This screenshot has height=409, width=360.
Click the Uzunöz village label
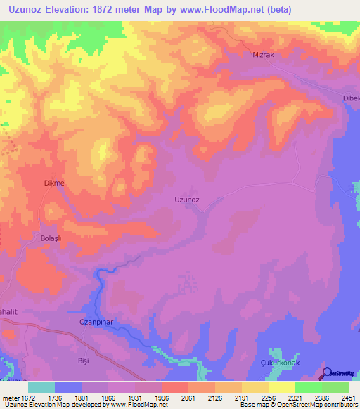[x=187, y=199]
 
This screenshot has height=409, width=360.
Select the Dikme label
[x=54, y=183]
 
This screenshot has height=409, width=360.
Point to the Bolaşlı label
[x=49, y=238]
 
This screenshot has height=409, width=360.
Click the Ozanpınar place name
[x=87, y=323]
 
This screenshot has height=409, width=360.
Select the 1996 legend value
[x=160, y=398]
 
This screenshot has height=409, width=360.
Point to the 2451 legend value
[x=347, y=398]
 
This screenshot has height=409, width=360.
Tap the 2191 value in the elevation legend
[x=240, y=398]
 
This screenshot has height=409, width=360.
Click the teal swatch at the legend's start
[x=41, y=387]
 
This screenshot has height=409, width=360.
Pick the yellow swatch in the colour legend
[x=281, y=387]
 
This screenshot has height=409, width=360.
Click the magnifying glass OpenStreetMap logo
[x=328, y=373]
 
